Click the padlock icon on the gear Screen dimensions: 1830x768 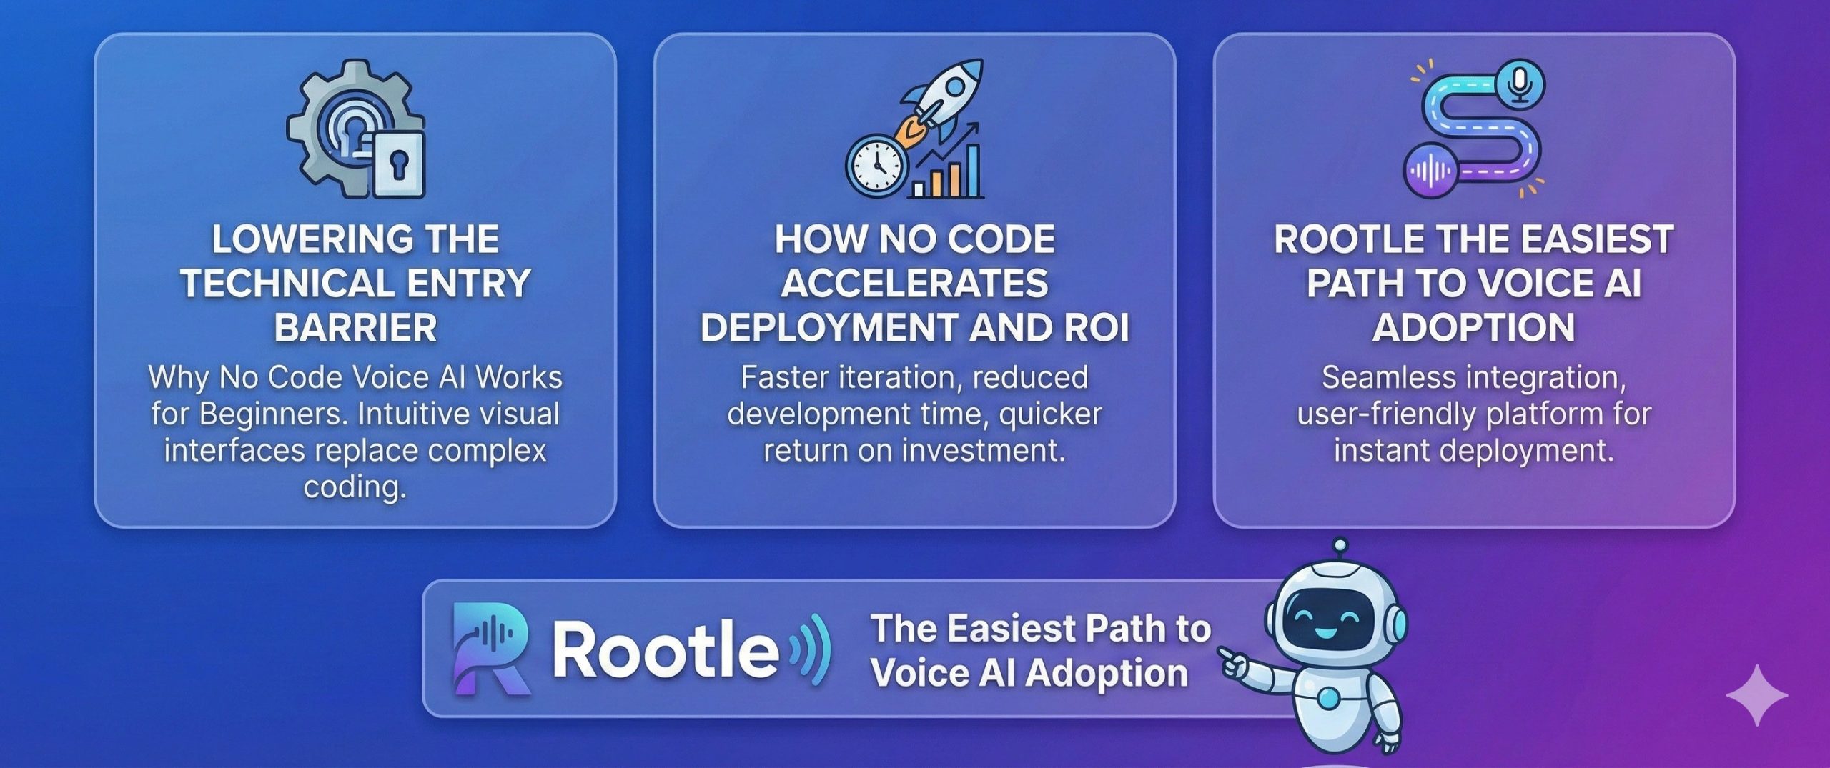click(397, 164)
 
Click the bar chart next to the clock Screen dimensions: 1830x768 click(946, 164)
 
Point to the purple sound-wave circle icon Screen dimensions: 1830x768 click(1430, 171)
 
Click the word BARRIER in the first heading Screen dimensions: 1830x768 click(355, 328)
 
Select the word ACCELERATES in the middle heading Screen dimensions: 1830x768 click(914, 283)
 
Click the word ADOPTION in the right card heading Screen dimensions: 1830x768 click(1473, 328)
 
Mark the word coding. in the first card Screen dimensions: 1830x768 click(355, 487)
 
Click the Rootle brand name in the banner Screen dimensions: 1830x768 click(666, 649)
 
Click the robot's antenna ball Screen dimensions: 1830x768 click(1340, 546)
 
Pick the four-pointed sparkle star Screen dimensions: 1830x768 click(1757, 694)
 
